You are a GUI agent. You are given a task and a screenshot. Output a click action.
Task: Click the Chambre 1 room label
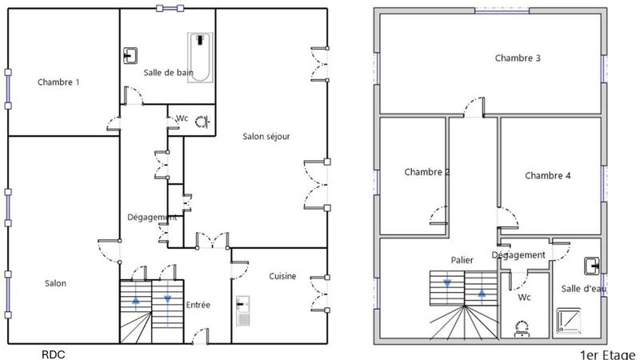[x=58, y=82]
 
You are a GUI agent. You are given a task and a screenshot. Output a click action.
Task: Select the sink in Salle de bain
[x=130, y=55]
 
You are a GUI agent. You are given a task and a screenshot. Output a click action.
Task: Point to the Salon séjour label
[x=266, y=136]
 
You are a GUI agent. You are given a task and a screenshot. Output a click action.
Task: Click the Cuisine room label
[x=282, y=277]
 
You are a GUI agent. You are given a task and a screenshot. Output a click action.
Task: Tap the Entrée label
[x=198, y=305]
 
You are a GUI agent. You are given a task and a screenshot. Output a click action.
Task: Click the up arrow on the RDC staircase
[x=135, y=300]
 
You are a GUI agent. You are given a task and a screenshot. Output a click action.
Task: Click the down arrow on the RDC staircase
[x=167, y=299]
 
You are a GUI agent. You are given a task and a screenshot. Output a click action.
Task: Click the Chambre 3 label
[x=518, y=58]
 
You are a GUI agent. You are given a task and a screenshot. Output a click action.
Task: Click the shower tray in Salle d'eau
[x=570, y=320]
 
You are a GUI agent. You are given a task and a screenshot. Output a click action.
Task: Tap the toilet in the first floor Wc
[x=523, y=326]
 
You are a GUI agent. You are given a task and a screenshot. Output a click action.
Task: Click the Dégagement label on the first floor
[x=518, y=255]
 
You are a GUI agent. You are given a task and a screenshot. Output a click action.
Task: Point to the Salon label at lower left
[x=55, y=283]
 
